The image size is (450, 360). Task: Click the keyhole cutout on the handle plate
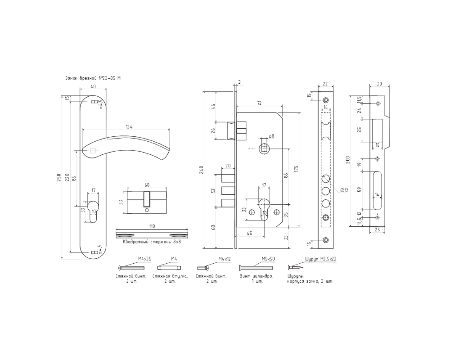(x=93, y=211)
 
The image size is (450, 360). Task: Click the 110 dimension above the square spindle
(x=152, y=226)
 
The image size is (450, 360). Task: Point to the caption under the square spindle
(x=152, y=242)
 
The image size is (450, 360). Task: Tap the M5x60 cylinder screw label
(x=268, y=259)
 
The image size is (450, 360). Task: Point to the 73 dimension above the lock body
(x=259, y=103)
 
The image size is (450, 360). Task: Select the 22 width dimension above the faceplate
(x=325, y=83)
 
